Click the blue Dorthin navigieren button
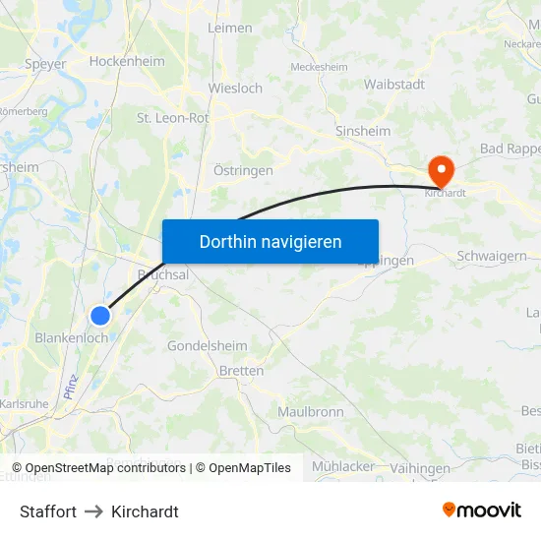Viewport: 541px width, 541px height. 270,241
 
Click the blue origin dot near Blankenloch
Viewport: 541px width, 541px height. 100,316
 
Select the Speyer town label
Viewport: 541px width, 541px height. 45,64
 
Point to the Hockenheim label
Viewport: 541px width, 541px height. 127,61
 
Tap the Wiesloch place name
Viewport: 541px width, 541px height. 235,88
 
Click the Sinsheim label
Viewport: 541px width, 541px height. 363,131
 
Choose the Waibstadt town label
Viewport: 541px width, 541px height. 394,85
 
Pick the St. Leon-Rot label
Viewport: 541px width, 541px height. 172,118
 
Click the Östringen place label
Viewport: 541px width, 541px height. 243,170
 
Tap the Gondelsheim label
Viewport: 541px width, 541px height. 207,346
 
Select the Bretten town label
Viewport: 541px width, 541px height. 242,371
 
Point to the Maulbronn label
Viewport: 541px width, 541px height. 310,411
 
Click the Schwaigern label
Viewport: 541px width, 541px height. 492,256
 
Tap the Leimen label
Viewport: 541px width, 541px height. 230,29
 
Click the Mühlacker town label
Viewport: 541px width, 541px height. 342,465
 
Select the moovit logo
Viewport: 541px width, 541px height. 482,511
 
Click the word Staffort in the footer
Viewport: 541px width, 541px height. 48,511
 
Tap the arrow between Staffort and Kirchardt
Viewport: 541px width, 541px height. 93,511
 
